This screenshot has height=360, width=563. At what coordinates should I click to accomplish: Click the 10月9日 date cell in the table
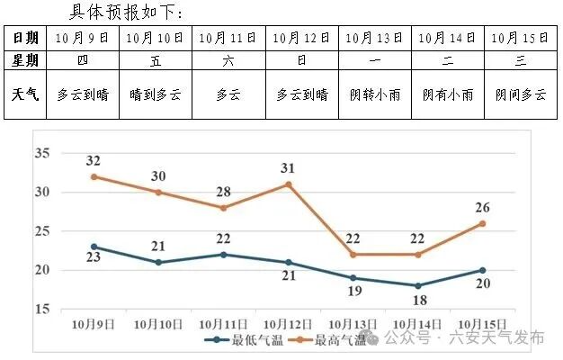tap(82, 38)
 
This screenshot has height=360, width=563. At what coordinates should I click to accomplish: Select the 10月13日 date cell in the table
tap(375, 38)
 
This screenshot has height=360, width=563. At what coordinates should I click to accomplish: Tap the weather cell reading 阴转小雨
tap(375, 94)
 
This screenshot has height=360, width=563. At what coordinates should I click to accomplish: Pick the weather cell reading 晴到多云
tap(156, 94)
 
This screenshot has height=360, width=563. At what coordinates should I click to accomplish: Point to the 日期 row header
tap(25, 38)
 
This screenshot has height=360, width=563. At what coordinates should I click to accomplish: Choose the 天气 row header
tap(25, 94)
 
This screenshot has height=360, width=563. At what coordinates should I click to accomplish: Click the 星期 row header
tap(25, 60)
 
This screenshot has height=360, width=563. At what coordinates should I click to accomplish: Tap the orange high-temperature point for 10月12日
tap(289, 184)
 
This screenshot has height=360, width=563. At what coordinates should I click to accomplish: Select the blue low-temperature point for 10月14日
tap(417, 285)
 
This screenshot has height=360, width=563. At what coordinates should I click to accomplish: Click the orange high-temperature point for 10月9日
tap(94, 176)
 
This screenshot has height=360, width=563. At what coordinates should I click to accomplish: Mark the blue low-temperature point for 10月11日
tap(224, 254)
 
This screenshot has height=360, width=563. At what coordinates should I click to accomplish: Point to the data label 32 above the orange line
tap(94, 161)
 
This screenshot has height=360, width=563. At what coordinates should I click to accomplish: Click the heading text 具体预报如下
tap(126, 13)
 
